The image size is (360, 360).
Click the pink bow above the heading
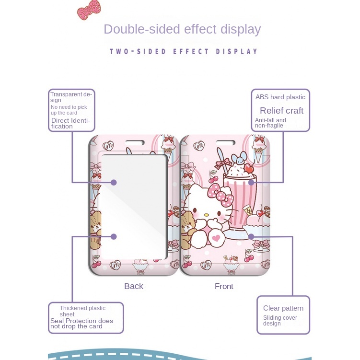click(89, 10)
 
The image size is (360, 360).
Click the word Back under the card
click(133, 286)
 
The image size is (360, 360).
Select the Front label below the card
click(224, 286)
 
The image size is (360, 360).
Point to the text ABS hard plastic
click(280, 97)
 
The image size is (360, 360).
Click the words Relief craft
click(281, 111)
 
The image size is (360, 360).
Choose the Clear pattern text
click(283, 308)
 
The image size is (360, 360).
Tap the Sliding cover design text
click(280, 321)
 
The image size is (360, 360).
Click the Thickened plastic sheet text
click(82, 311)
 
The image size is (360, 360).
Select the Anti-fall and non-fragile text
click(270, 123)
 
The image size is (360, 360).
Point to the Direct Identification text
click(70, 123)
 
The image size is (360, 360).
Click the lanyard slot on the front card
click(224, 142)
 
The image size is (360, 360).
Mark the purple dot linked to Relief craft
click(251, 182)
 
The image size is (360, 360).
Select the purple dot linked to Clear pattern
click(251, 236)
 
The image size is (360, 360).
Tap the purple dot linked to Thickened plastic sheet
click(114, 236)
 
